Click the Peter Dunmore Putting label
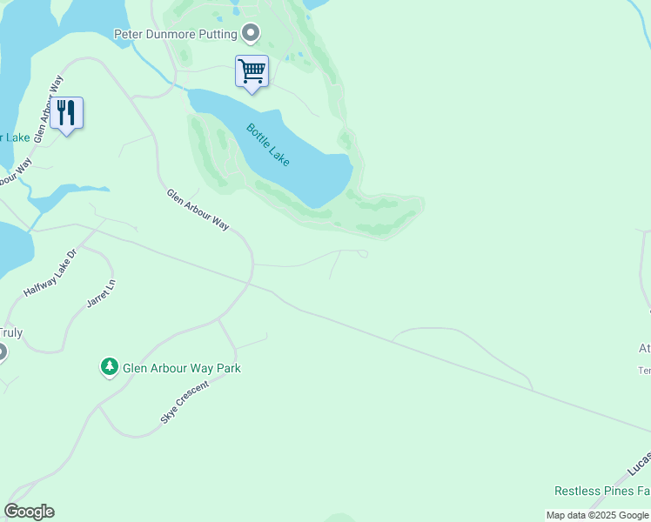(176, 34)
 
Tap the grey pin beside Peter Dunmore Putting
(252, 34)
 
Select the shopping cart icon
(252, 70)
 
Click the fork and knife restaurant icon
(66, 113)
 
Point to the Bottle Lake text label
(268, 144)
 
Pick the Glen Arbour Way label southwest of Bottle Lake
(198, 210)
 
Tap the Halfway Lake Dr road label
(50, 273)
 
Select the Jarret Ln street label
(101, 293)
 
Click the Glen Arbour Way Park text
(181, 368)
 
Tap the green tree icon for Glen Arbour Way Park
(110, 368)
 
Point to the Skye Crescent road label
(185, 402)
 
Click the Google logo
(29, 512)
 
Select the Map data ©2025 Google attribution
(597, 515)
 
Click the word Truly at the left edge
(11, 332)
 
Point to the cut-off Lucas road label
(638, 469)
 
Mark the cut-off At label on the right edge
(644, 349)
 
